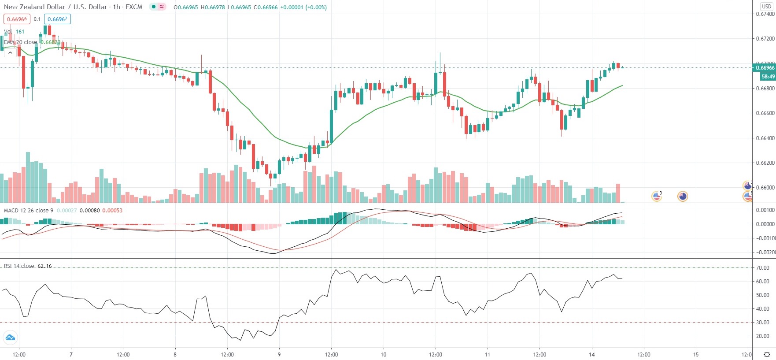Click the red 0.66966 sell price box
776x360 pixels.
(17, 19)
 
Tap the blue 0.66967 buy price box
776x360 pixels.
(57, 19)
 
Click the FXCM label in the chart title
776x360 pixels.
(134, 7)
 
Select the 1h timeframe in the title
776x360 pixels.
(116, 7)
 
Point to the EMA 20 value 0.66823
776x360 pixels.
(50, 42)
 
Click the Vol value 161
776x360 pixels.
(20, 32)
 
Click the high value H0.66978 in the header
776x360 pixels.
(213, 7)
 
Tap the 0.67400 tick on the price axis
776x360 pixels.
(765, 14)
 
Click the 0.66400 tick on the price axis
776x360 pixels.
(765, 138)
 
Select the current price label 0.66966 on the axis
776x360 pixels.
(765, 68)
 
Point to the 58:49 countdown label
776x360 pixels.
(768, 77)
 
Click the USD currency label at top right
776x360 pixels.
(767, 7)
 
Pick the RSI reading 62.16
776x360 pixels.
(44, 266)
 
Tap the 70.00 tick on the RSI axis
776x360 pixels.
(763, 268)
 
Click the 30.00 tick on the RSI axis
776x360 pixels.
(763, 323)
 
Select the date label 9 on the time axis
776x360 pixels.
(279, 355)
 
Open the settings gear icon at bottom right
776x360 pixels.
(767, 355)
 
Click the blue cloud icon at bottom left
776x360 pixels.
(10, 338)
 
